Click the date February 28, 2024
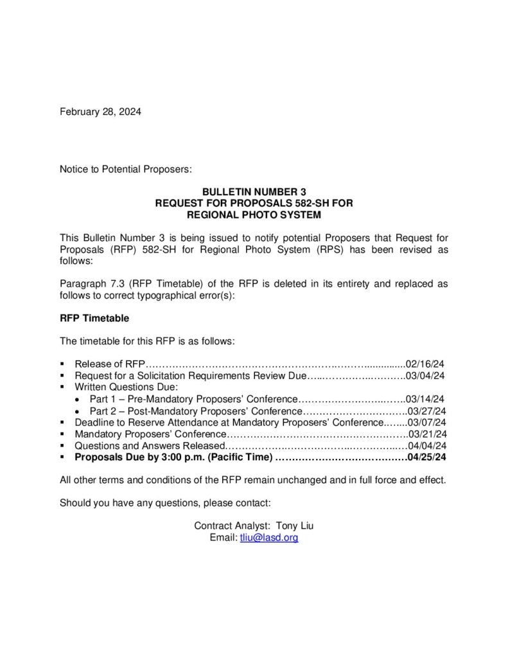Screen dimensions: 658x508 (x=100, y=111)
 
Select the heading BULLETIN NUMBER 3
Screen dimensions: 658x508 (x=254, y=192)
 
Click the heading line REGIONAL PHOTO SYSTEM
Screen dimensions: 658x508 (x=254, y=214)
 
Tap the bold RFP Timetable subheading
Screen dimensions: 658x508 (x=94, y=317)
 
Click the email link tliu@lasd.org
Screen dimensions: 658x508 (x=269, y=537)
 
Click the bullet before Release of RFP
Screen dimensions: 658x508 (x=62, y=364)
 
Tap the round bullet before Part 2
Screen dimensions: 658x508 (x=78, y=411)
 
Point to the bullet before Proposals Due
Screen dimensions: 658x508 (x=62, y=458)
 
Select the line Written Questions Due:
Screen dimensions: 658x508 (x=125, y=387)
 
